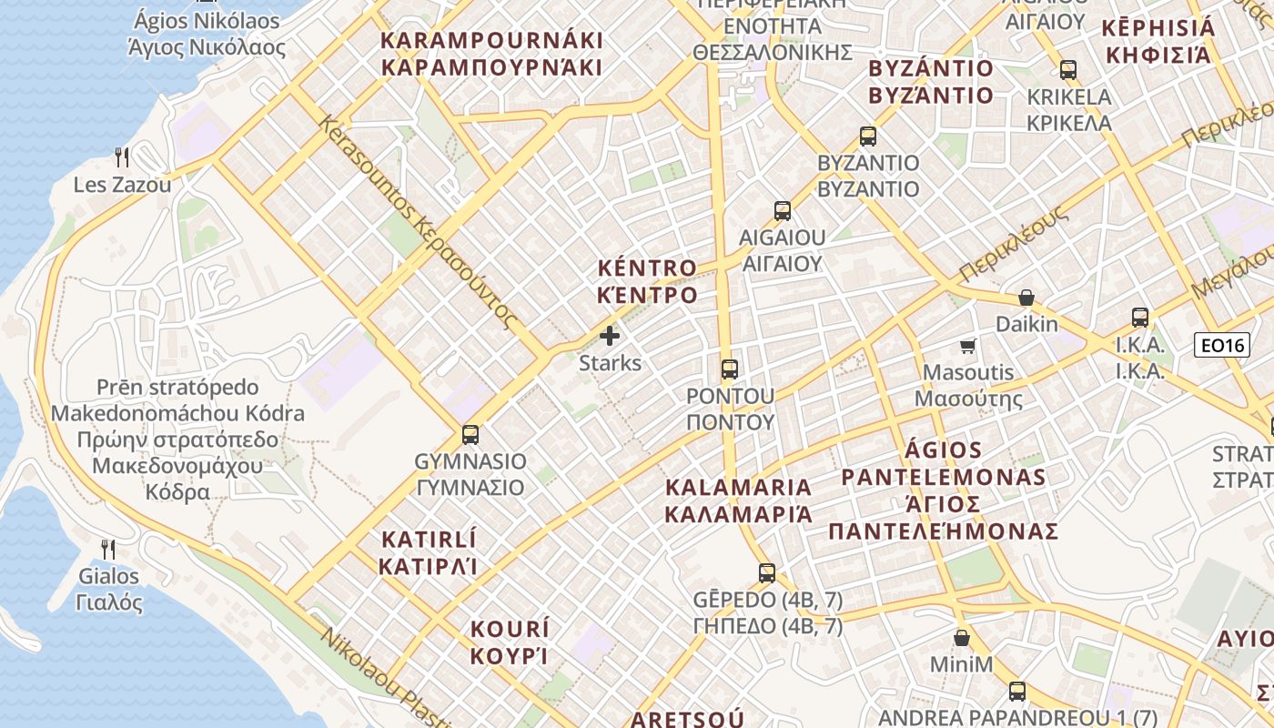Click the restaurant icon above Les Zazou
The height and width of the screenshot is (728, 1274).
[122, 157]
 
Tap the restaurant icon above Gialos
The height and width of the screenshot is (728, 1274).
[108, 549]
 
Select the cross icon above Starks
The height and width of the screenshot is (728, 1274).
[610, 336]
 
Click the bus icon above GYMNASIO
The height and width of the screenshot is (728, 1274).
[470, 435]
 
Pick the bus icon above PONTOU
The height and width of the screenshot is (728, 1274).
[730, 369]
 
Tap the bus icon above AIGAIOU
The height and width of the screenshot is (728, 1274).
[783, 211]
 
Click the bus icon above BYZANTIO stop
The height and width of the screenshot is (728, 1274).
[868, 136]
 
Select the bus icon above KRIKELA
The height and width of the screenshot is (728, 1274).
[1068, 70]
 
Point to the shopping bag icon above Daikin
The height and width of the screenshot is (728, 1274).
[1026, 298]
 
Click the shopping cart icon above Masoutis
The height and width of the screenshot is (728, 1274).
[968, 346]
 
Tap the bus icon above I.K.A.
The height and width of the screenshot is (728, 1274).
[1140, 318]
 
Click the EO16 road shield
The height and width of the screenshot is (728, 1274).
[1219, 344]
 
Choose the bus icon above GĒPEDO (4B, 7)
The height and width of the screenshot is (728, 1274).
[767, 573]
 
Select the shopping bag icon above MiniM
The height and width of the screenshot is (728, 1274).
[961, 638]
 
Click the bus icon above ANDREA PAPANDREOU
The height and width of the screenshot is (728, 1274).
[1017, 692]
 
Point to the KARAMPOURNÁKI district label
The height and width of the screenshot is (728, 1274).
[491, 54]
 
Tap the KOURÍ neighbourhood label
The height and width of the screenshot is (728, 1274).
[510, 642]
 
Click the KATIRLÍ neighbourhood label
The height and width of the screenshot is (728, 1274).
[428, 552]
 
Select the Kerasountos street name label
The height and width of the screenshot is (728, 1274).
[417, 222]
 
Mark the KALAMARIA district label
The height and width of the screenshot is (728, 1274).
[738, 500]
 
